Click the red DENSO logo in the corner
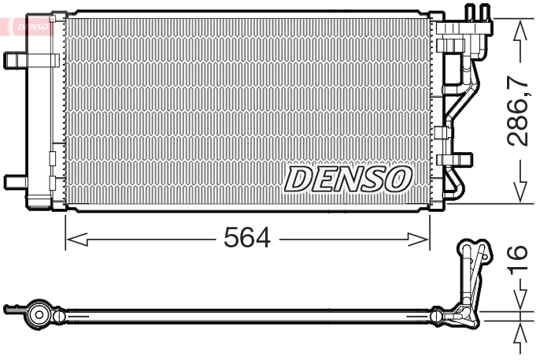point(28,25)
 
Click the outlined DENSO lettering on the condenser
point(347,179)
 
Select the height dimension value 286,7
point(518,111)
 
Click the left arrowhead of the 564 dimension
point(73,238)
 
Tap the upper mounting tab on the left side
point(16,60)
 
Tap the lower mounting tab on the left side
point(15,181)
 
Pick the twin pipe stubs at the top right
point(477,14)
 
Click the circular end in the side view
point(38,314)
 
